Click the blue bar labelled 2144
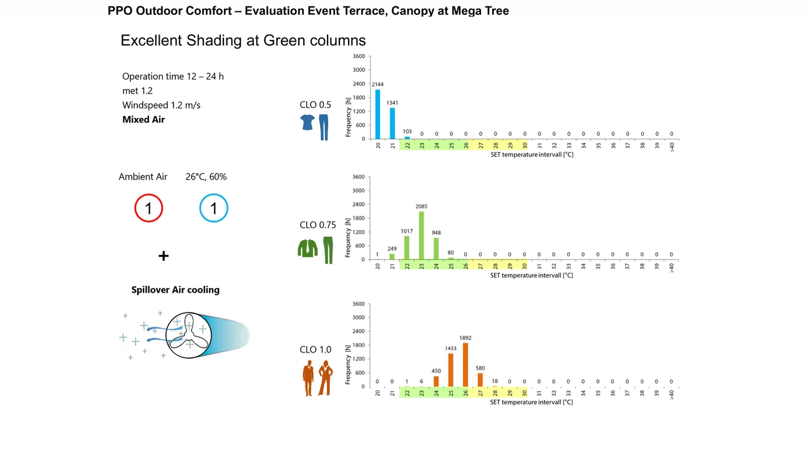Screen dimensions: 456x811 click(378, 114)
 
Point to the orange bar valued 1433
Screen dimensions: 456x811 click(451, 370)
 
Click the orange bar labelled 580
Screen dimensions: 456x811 click(480, 380)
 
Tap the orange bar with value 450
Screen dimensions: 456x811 click(436, 381)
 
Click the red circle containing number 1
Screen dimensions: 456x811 click(148, 208)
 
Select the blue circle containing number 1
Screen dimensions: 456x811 click(214, 208)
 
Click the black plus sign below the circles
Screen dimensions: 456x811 click(163, 256)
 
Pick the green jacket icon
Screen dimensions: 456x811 click(308, 248)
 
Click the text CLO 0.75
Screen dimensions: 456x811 click(318, 225)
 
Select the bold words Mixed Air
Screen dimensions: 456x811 click(143, 119)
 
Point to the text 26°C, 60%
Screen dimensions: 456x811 click(206, 177)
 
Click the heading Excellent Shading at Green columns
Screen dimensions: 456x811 click(243, 41)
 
